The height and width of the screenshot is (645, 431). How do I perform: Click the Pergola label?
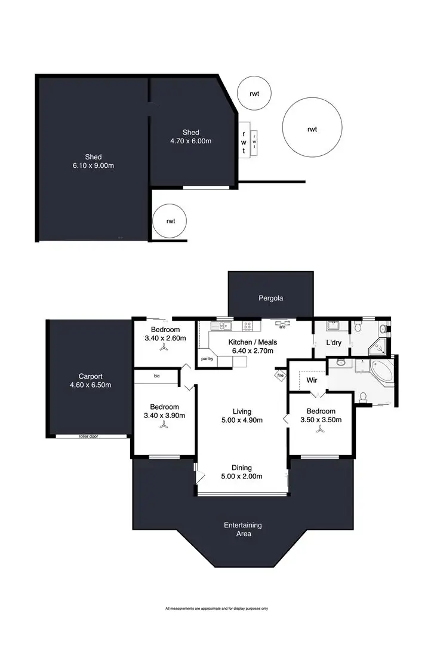tap(270, 297)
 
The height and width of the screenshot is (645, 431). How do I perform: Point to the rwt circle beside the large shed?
tap(171, 221)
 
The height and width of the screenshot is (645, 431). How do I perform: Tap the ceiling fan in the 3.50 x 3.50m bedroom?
tap(321, 434)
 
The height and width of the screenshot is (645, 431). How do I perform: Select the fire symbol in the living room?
tap(279, 376)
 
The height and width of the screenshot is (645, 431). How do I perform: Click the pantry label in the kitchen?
tap(207, 359)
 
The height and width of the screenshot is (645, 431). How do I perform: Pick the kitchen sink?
tap(221, 326)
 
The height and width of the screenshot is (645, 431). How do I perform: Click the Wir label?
tap(312, 379)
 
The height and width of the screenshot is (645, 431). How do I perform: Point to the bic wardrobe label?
tap(157, 376)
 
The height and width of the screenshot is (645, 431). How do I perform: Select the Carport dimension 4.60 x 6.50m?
tap(91, 385)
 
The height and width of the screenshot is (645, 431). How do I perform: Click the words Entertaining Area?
tap(243, 529)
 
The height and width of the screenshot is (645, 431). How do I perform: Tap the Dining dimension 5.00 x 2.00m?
tap(242, 476)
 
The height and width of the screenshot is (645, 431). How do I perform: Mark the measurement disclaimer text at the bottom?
tap(216, 609)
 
